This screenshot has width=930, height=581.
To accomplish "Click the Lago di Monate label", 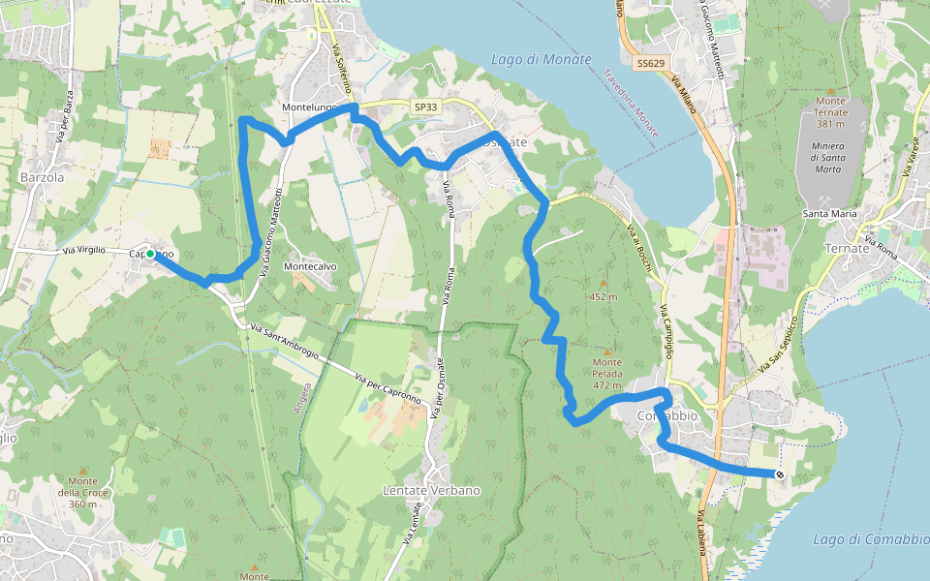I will pos(541,59).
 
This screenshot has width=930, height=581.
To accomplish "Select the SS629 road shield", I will pos(651,63).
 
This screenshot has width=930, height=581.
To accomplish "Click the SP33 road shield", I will pos(424,107).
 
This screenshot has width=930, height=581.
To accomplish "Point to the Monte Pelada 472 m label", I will pos(607,374).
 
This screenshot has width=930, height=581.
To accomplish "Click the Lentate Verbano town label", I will pos(431,490).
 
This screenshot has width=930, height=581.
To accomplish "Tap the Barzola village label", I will pos(42,177).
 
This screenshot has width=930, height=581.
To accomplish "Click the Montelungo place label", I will pos(309,107).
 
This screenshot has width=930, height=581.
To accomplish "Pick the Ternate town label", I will pos(848,248).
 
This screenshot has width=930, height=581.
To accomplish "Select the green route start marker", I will pos(150,254).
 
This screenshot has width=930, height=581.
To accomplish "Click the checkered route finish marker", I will pos(779,474).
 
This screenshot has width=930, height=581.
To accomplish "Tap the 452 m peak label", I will pos(603,297).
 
